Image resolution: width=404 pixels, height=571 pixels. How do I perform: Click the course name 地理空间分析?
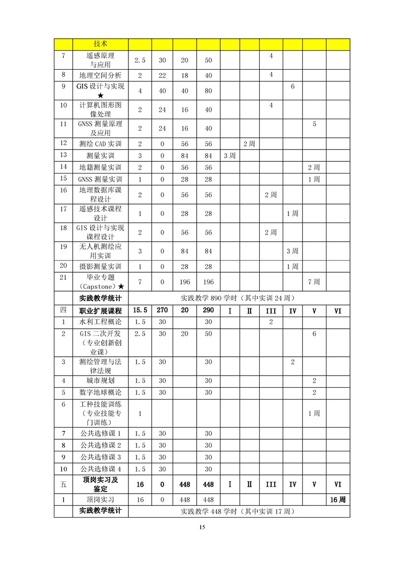(100, 75)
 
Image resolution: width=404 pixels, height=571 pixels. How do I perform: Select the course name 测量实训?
(100, 155)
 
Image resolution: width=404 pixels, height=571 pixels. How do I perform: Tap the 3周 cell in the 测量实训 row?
(230, 155)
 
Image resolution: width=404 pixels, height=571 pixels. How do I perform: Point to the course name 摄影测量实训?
(100, 266)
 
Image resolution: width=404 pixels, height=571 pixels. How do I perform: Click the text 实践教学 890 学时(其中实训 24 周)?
(239, 298)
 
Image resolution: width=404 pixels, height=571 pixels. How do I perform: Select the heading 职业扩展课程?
(100, 310)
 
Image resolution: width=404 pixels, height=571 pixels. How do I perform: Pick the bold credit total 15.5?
(140, 310)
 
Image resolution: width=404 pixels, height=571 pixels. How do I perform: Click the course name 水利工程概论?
(100, 322)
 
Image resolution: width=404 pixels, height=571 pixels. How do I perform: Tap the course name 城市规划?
(100, 380)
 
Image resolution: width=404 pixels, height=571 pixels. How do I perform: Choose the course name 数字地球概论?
(100, 392)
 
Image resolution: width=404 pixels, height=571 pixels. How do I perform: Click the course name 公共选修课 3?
(100, 457)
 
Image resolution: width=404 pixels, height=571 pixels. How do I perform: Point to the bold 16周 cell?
(337, 500)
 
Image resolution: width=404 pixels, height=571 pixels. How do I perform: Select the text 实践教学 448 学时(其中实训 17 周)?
(239, 511)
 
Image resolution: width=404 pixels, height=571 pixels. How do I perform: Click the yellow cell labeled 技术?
(100, 44)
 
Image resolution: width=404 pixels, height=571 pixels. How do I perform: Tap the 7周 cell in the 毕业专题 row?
(314, 281)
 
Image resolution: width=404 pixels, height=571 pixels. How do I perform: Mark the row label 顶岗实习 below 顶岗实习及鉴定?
(100, 500)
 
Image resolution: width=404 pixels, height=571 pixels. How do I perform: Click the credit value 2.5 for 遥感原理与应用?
(140, 60)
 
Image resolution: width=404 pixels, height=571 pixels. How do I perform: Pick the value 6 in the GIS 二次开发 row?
(314, 334)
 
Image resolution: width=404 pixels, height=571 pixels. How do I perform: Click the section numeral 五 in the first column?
(63, 484)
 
